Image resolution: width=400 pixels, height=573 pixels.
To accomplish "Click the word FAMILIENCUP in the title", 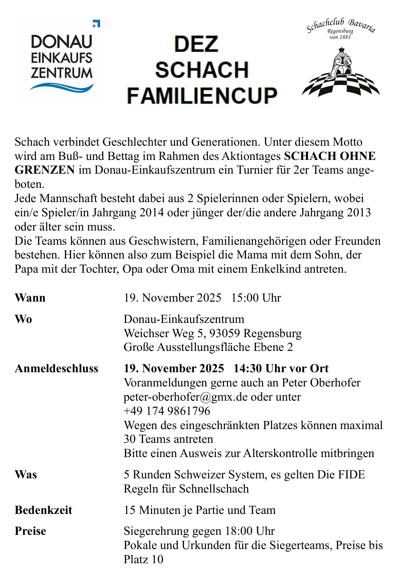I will point(202,95).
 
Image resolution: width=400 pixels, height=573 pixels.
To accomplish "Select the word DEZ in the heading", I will point(196,44).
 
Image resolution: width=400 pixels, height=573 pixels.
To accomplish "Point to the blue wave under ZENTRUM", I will point(62,87).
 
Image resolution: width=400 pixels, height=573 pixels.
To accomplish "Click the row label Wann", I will point(30,298).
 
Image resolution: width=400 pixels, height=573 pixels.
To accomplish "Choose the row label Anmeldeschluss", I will point(56,368).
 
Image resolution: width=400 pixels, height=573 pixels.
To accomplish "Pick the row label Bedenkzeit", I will point(44,510).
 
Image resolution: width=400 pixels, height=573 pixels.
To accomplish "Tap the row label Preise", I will point(30,531).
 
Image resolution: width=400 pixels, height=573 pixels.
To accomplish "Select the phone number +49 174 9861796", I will point(167,411).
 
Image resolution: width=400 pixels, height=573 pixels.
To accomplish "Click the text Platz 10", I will point(144,559).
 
